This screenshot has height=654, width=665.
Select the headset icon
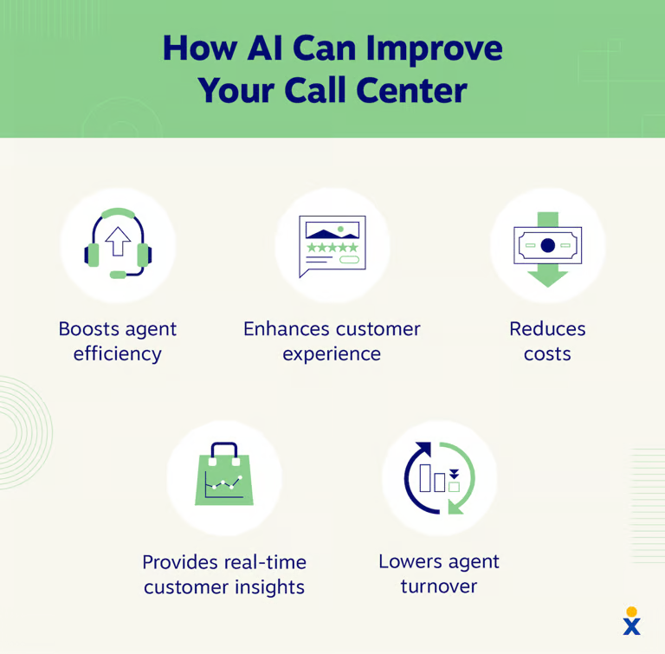[118, 243]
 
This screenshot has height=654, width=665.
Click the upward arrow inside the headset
[118, 241]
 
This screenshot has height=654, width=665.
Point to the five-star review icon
[332, 246]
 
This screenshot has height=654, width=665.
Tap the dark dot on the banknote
[547, 246]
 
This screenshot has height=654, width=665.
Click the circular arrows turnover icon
[440, 478]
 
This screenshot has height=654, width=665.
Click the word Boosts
[91, 329]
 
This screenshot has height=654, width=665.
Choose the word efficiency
[118, 354]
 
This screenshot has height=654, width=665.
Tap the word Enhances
[285, 329]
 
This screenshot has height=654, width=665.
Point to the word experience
[332, 354]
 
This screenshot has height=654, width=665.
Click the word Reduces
[547, 329]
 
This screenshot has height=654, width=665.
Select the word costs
[547, 354]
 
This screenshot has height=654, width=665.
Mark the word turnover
[439, 586]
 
